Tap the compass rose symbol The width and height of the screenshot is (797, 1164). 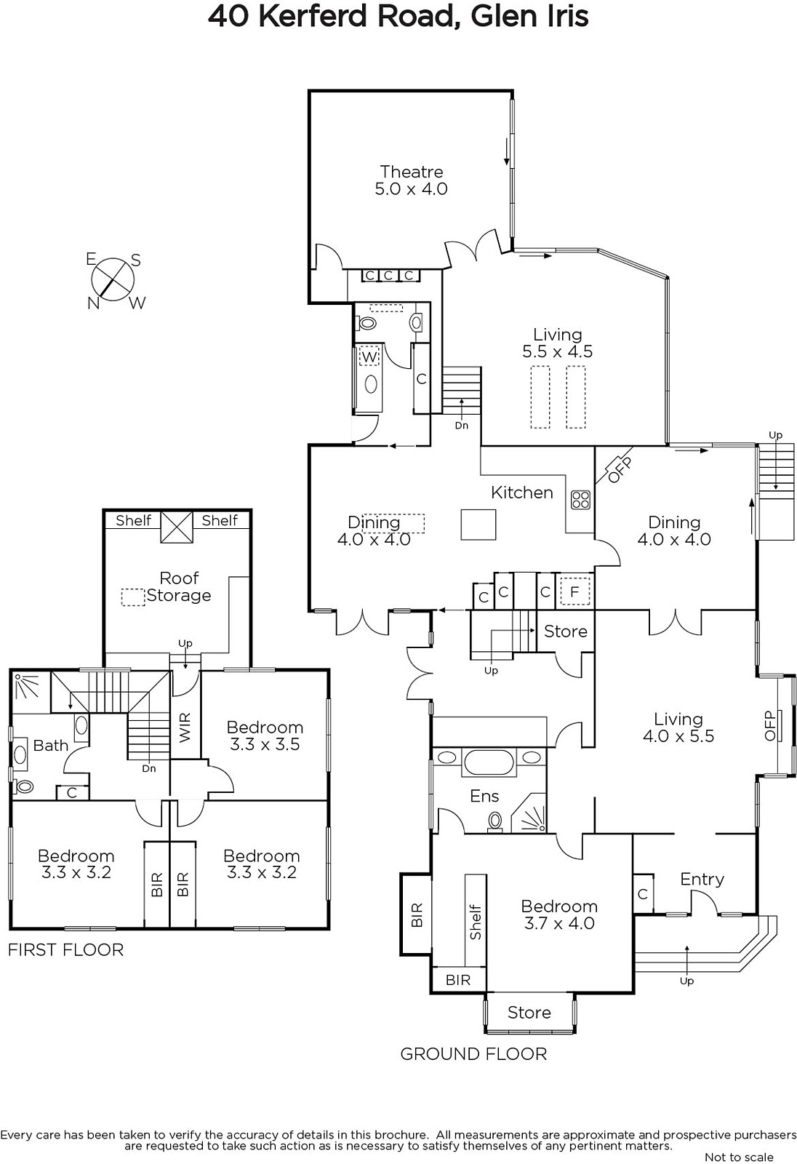tap(113, 280)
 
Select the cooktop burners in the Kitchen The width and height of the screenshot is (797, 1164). tap(580, 500)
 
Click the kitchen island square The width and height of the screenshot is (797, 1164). tap(478, 525)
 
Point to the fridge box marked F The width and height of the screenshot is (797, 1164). tap(574, 592)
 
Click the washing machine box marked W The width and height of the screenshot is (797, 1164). tap(369, 357)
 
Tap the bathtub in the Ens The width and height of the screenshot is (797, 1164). tap(489, 762)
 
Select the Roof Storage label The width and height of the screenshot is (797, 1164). tap(179, 586)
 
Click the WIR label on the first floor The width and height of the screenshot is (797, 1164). tap(185, 727)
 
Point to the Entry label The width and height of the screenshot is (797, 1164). tap(702, 880)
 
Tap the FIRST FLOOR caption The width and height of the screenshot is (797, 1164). tap(66, 950)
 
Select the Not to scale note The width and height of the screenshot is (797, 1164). tap(739, 1157)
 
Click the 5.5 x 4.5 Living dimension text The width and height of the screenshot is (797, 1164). tap(558, 351)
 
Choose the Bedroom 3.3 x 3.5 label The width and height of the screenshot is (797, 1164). tap(265, 736)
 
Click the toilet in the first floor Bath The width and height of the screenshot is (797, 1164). tap(23, 786)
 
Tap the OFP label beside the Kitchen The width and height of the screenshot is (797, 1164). tap(620, 470)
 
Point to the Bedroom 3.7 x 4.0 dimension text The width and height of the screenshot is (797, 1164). tap(559, 923)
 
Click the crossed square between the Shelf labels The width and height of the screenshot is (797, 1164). tap(177, 527)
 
